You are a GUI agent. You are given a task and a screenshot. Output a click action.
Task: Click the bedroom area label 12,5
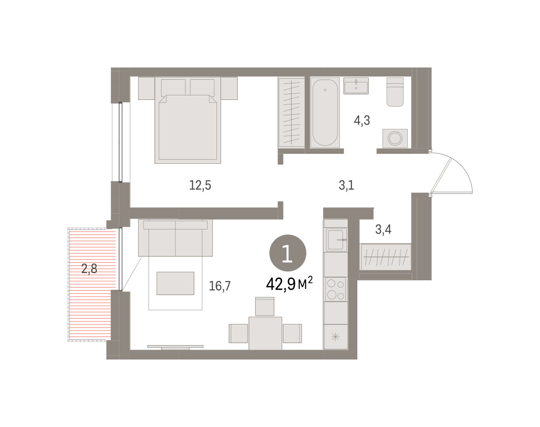coord(200,186)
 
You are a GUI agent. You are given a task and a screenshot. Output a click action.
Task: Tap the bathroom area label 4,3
coord(362,121)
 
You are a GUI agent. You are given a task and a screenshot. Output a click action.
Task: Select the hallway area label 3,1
coord(346,186)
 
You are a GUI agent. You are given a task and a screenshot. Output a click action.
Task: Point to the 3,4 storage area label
coord(383,229)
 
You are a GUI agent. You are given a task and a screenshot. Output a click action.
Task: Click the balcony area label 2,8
coord(89,269)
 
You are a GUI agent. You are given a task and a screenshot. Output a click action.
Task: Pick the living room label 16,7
coord(220,286)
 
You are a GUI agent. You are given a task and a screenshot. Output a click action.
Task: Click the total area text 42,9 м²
coord(289,284)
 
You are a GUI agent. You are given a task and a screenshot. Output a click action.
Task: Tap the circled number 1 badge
coord(288,253)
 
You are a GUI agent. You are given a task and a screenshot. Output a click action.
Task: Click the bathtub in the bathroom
coord(325,112)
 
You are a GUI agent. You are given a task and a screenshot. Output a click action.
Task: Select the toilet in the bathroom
coord(395,92)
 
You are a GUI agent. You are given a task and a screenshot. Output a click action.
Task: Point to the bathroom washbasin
coord(356,86)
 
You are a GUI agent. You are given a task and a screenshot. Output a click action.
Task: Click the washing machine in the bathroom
coord(395,138)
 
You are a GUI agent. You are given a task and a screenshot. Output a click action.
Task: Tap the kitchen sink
coord(336,240)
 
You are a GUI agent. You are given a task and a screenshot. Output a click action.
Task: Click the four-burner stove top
coord(336,289)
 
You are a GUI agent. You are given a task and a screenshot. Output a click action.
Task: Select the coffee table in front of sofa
coord(175,283)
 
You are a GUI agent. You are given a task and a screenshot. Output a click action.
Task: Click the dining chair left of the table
coord(238,333)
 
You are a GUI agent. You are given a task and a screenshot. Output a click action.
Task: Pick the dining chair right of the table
coord(292,333)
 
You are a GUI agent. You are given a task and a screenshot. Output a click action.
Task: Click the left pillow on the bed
coord(173,88)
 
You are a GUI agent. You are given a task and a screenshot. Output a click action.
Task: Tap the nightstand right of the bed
coord(229,88)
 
